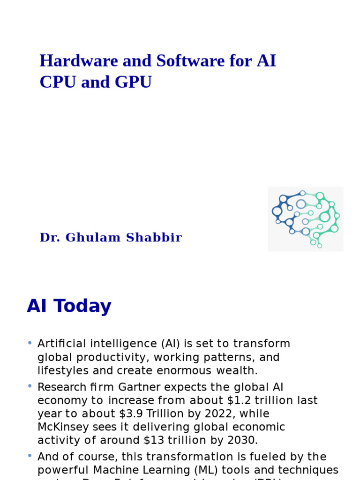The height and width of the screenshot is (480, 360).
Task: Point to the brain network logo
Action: point(306,218)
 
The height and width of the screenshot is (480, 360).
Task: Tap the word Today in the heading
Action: point(82,307)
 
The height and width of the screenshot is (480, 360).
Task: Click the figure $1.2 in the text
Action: point(249,401)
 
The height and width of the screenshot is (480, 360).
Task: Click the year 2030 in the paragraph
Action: point(241,440)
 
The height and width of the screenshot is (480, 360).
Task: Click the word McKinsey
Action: point(61,427)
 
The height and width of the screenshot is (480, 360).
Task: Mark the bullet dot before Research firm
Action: point(30,386)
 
